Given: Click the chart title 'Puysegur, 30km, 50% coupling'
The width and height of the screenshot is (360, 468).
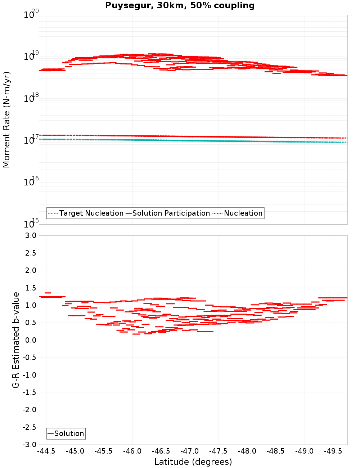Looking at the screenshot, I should tap(180, 6).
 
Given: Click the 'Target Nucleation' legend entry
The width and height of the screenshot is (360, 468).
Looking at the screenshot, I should tap(91, 213).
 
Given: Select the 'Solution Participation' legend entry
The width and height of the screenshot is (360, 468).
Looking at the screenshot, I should tap(171, 213).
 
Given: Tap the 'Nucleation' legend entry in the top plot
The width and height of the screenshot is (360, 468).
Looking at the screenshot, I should tap(243, 213).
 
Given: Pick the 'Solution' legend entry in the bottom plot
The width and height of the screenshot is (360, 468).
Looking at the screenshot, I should tap(69, 433).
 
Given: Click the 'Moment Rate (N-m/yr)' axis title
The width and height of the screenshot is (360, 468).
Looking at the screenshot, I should tap(7, 120).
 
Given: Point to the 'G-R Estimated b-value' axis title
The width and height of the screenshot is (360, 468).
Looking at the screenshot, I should tap(16, 340).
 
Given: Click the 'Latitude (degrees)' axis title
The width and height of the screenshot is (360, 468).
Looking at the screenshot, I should tap(193, 462).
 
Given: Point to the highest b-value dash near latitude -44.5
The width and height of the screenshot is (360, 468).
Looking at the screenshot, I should tap(48, 293).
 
